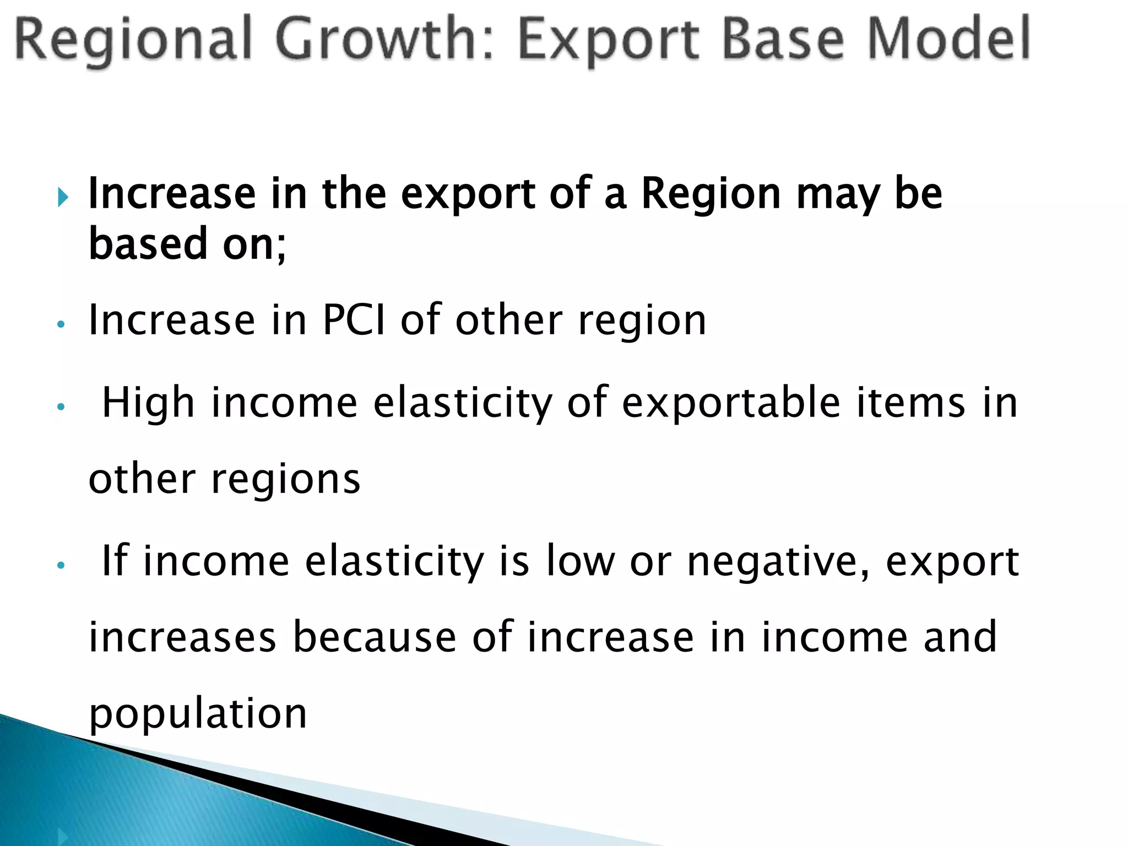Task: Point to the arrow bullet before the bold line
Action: pos(63,197)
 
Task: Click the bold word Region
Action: pos(711,194)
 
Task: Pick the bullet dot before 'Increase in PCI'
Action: pos(61,324)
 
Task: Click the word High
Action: pos(149,404)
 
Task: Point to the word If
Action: pos(115,561)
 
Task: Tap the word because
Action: pos(374,637)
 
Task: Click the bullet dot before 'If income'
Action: pos(61,565)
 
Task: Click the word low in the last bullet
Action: pos(580,561)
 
